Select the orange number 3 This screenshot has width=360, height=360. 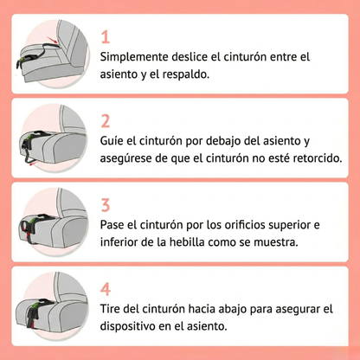(x=106, y=204)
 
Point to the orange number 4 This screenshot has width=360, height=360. (x=106, y=289)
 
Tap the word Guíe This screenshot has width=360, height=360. (x=115, y=140)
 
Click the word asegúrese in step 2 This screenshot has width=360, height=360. (x=132, y=158)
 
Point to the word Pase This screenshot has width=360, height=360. (x=116, y=224)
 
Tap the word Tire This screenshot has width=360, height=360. (x=113, y=308)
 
